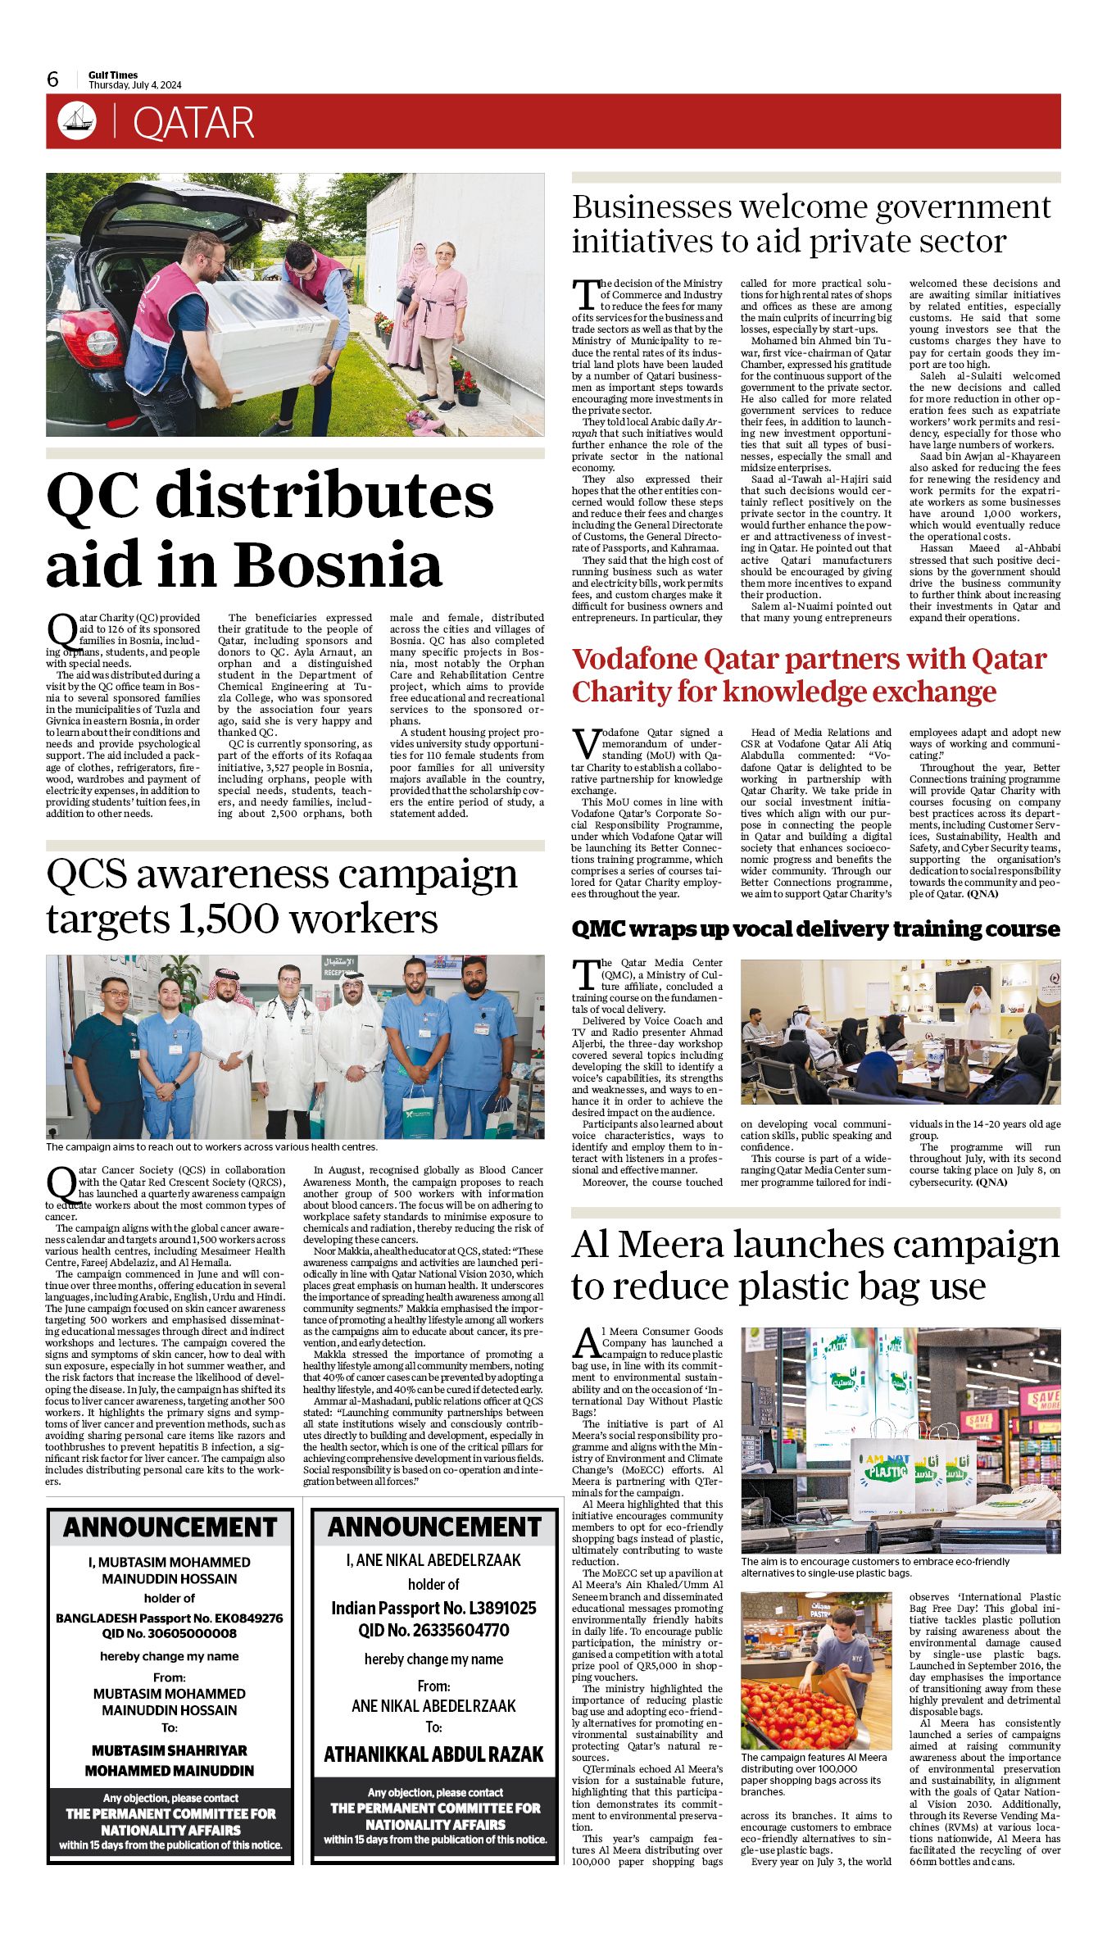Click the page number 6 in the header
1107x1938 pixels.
(x=53, y=79)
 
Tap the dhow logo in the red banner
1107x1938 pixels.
(x=77, y=120)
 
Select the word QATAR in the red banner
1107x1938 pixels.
(x=193, y=123)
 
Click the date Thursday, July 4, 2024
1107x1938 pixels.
(x=135, y=85)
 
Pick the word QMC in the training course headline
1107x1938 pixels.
(x=598, y=929)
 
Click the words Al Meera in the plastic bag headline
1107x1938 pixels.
(x=647, y=1245)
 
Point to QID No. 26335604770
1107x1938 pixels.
(x=433, y=1631)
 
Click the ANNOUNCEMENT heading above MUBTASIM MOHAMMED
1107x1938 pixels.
(x=170, y=1527)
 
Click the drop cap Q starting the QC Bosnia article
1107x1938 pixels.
(x=61, y=629)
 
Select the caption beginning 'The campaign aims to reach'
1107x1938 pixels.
(x=211, y=1147)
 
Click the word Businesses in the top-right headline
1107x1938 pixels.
(x=651, y=207)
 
